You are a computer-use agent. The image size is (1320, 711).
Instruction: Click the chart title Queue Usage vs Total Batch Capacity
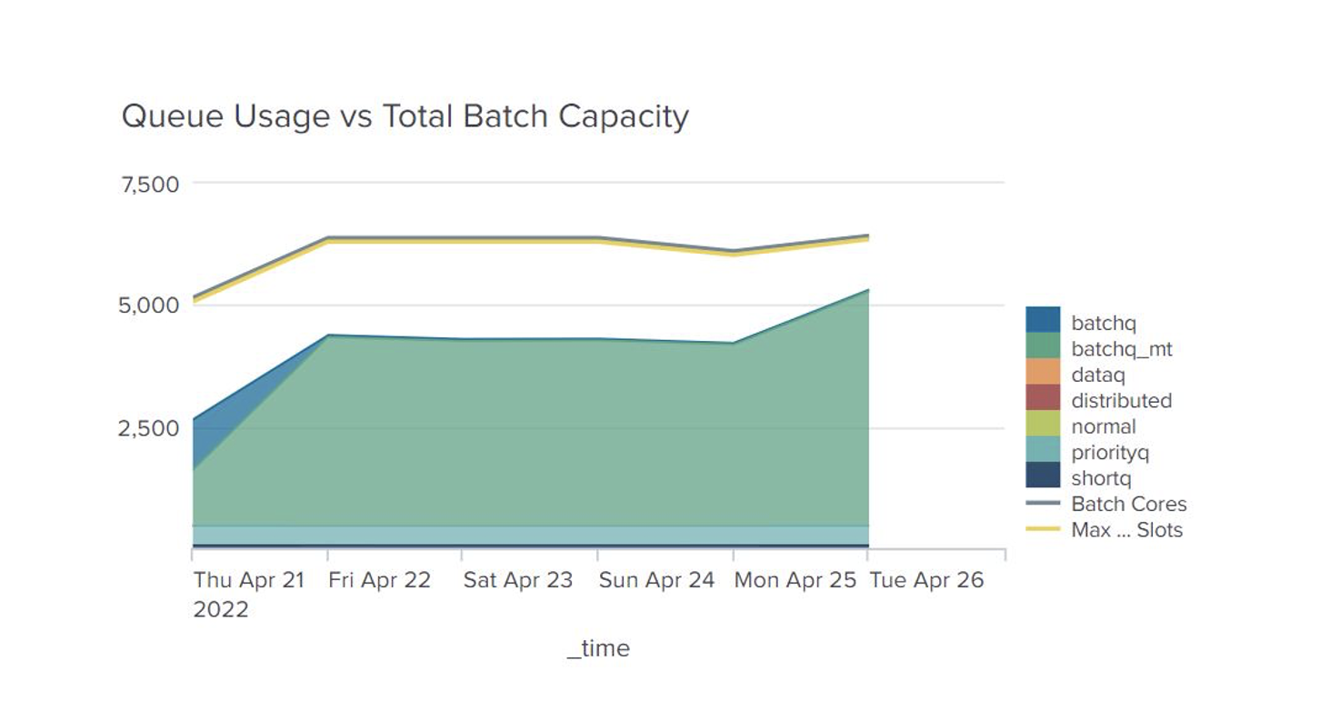[x=405, y=116]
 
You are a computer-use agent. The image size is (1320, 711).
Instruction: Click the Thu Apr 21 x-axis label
[x=248, y=580]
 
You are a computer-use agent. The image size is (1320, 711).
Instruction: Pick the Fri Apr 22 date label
[x=379, y=580]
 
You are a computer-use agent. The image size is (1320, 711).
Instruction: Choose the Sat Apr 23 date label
[x=517, y=580]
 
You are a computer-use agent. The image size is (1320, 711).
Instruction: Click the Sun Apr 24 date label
[x=656, y=580]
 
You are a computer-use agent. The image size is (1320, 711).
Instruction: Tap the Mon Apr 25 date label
[x=795, y=580]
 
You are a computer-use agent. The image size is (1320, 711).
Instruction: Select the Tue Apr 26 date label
[x=926, y=580]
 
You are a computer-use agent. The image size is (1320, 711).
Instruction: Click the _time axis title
[x=598, y=648]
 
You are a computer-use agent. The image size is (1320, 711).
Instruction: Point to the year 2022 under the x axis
[x=221, y=609]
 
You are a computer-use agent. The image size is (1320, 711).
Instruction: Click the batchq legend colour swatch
[x=1043, y=320]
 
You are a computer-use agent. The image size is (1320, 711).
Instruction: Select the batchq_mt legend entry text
[x=1121, y=349]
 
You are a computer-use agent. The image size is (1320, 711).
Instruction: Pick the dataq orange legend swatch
[x=1043, y=373]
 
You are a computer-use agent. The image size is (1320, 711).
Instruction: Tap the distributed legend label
[x=1121, y=401]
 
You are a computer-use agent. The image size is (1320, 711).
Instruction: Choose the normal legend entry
[x=1103, y=426]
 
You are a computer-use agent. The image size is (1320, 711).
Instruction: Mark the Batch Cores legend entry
[x=1128, y=505]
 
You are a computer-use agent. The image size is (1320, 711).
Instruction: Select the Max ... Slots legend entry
[x=1126, y=530]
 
